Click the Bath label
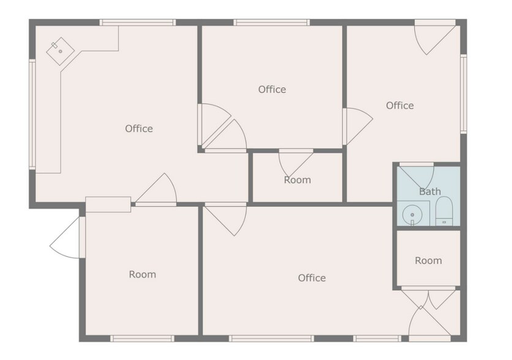[429, 192]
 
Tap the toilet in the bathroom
[443, 211]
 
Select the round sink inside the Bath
[413, 215]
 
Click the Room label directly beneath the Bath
[428, 261]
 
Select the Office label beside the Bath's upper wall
[399, 106]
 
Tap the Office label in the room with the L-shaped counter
[138, 129]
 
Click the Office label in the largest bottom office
[311, 278]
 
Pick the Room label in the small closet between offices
[297, 180]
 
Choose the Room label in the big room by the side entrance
[142, 274]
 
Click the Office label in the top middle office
[272, 89]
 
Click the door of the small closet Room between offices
[294, 162]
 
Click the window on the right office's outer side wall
[464, 94]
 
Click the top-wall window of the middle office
[271, 23]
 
